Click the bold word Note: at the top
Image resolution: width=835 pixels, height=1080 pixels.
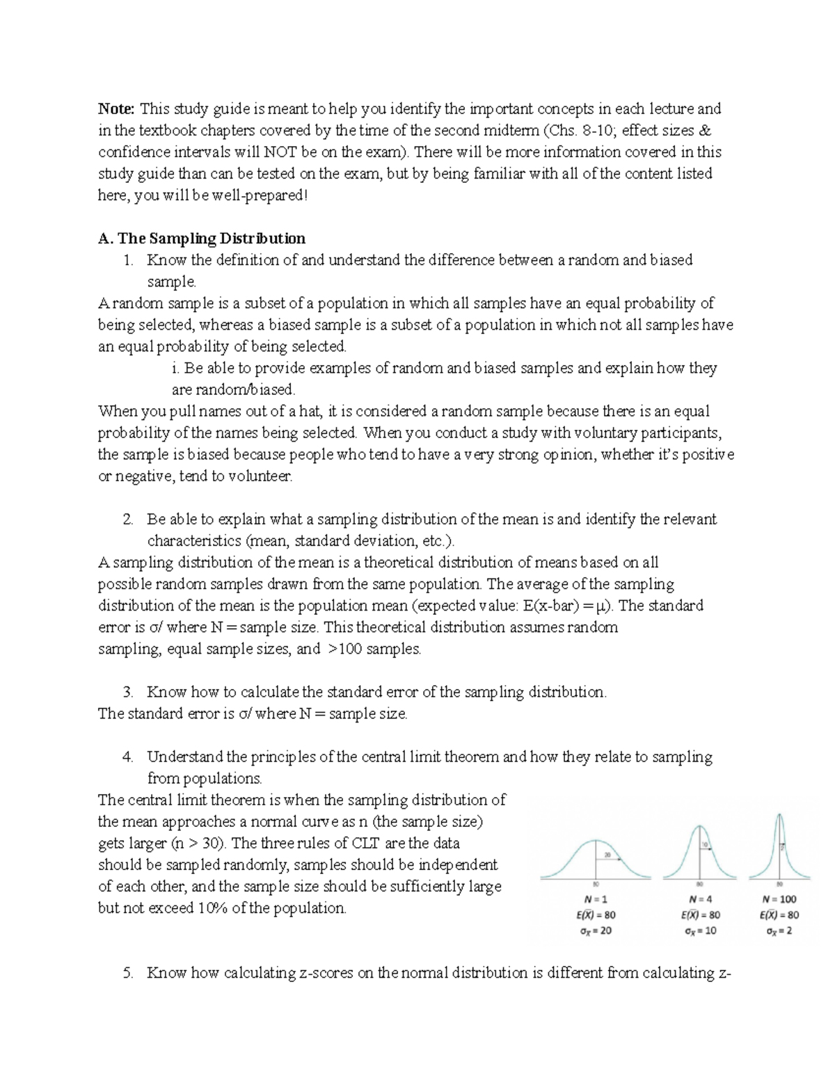(117, 108)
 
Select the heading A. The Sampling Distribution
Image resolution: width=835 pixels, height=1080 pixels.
(202, 239)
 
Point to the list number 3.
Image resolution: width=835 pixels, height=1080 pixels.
(127, 692)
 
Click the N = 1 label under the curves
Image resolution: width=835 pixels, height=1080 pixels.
(596, 898)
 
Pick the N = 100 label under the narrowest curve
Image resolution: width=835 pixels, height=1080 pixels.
(779, 898)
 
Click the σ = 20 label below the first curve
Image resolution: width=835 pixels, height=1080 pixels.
(596, 930)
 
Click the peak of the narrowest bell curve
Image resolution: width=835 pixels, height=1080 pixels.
(780, 815)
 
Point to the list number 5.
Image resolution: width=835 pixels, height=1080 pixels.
(127, 973)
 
